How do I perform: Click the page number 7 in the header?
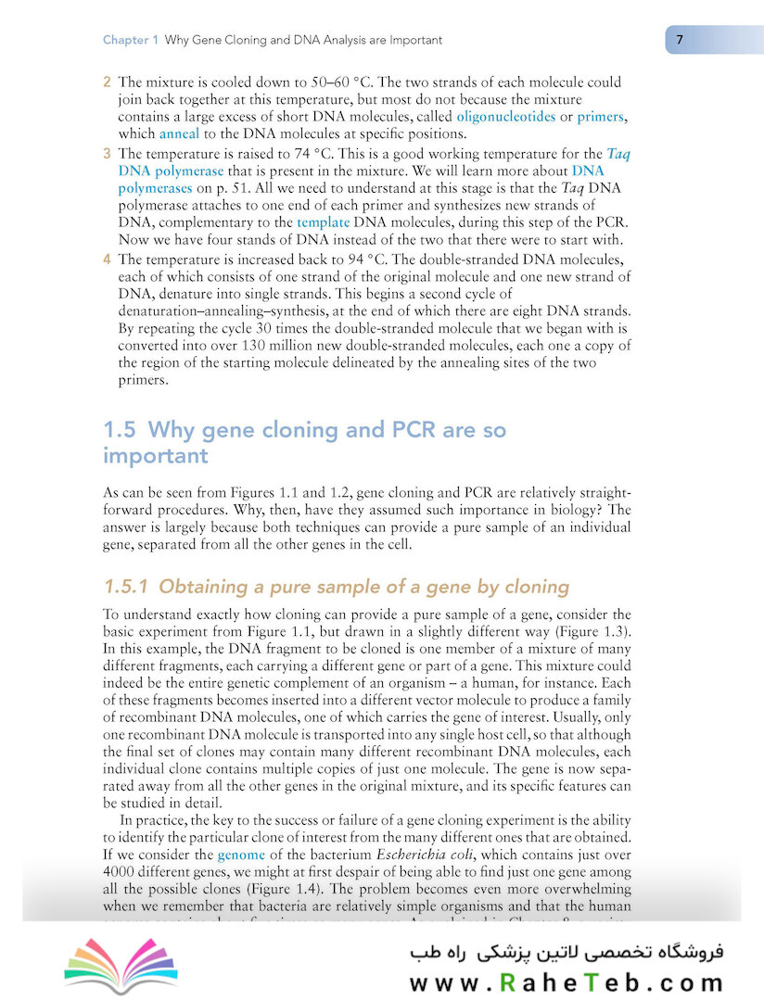pyautogui.click(x=680, y=40)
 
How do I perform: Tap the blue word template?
pyautogui.click(x=323, y=222)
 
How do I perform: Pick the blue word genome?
pyautogui.click(x=241, y=855)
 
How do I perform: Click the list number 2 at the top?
pyautogui.click(x=107, y=82)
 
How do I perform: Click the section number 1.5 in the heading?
pyautogui.click(x=120, y=430)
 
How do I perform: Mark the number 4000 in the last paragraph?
pyautogui.click(x=121, y=871)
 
